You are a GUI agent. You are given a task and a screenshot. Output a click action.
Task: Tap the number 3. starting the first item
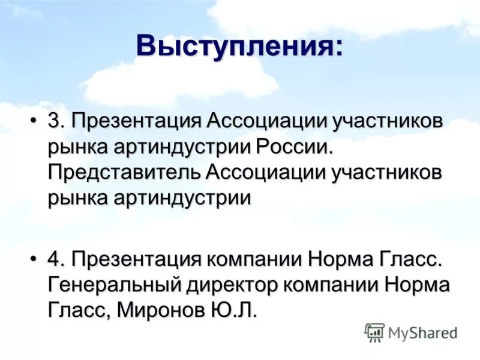pos(56,121)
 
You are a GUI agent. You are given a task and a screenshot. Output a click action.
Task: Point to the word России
pos(293,146)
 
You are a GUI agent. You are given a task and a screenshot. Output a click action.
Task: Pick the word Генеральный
pos(115,285)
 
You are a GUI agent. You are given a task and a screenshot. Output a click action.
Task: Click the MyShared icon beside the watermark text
pos(374,332)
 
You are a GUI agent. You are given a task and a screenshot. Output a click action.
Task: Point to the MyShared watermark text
pos(422,332)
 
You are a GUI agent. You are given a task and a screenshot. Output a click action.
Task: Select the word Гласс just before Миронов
pos(78,310)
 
